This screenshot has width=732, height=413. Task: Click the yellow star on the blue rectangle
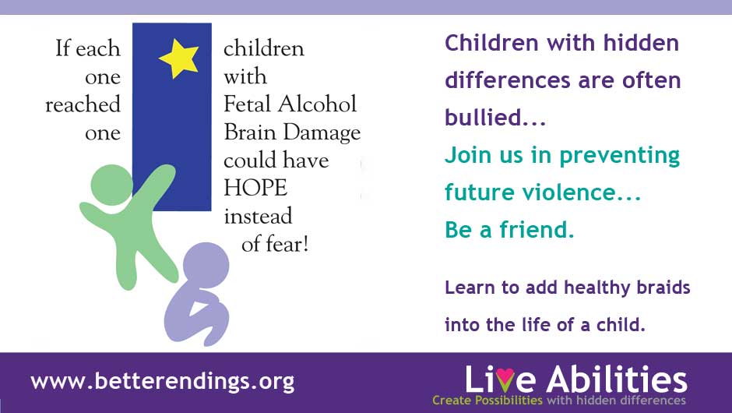179,58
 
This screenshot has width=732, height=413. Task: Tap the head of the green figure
111,185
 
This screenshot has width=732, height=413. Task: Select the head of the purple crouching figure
206,266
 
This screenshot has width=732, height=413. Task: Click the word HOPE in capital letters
255,188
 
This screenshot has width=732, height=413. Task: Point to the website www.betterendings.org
163,381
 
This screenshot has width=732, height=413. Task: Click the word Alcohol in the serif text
317,104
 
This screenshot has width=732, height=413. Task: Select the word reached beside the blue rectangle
83,104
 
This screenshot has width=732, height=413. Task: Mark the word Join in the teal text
468,154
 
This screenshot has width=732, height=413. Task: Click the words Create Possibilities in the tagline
487,401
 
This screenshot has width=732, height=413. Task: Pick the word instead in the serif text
259,216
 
